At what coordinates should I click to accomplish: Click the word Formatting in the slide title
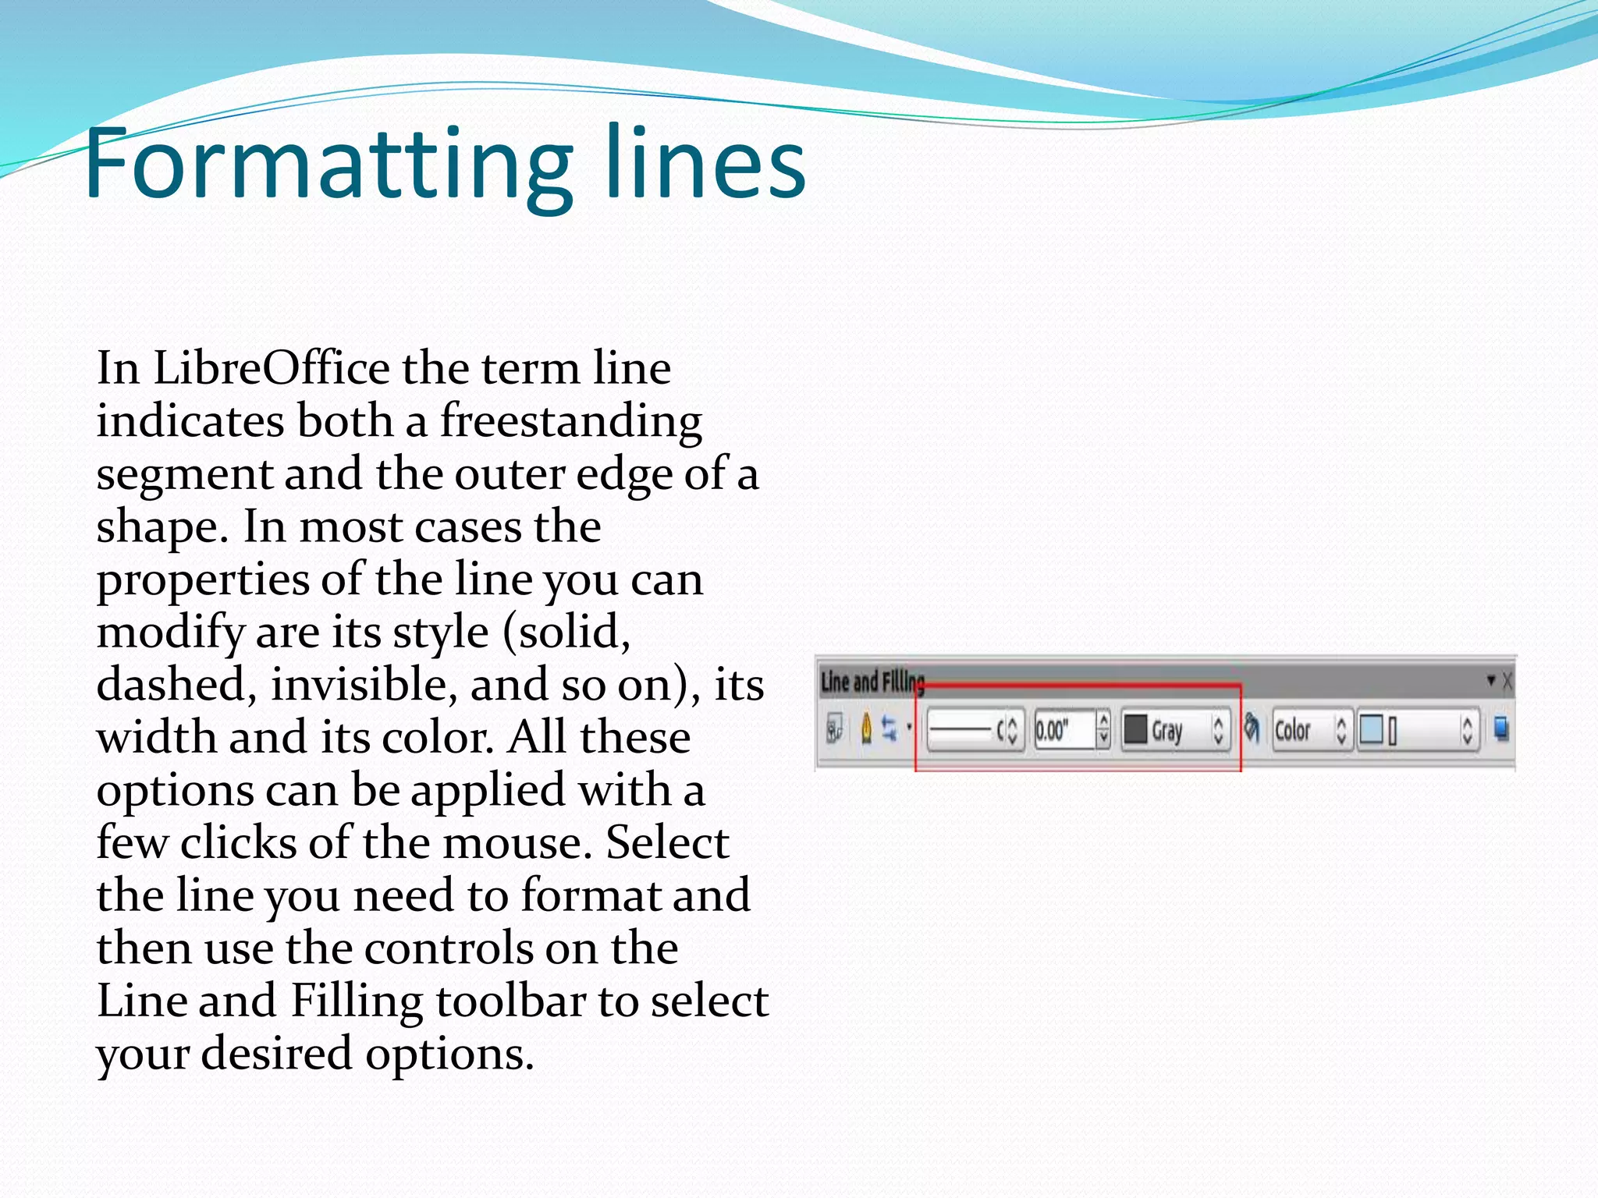(x=328, y=165)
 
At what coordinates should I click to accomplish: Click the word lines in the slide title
(x=705, y=165)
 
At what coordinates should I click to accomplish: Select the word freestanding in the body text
(x=570, y=422)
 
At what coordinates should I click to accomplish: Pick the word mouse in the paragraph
(x=517, y=843)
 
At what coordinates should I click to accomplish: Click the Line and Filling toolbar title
(x=872, y=682)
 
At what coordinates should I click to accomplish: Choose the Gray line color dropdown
(x=1175, y=730)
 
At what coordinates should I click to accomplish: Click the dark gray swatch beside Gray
(x=1135, y=730)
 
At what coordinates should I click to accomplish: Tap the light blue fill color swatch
(x=1371, y=730)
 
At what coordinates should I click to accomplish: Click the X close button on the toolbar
(x=1507, y=682)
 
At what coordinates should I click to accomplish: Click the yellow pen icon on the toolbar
(x=866, y=729)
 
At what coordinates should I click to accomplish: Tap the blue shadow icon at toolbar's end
(x=1500, y=729)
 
